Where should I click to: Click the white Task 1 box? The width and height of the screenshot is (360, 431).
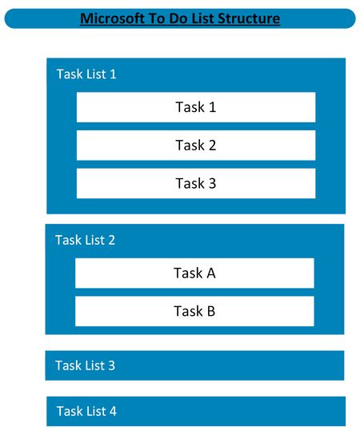(195, 107)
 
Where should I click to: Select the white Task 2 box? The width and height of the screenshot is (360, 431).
(195, 146)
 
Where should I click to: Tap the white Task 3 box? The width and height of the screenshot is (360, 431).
(195, 183)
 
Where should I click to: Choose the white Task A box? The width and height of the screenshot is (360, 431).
(194, 273)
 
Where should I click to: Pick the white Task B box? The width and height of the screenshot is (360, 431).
(194, 311)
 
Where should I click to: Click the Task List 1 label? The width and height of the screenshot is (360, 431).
(86, 74)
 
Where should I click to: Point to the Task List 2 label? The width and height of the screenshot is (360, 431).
(85, 240)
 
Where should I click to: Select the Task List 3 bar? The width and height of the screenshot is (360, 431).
(194, 365)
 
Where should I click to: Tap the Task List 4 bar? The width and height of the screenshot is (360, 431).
(195, 411)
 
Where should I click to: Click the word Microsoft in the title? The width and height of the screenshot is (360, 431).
(111, 18)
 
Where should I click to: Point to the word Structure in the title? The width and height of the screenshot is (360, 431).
(248, 18)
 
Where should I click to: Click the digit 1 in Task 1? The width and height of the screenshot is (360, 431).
(212, 107)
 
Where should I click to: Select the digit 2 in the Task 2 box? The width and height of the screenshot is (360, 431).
(212, 146)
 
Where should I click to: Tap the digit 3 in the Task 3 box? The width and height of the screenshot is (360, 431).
(212, 183)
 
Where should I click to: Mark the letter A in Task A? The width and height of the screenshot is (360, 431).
(210, 273)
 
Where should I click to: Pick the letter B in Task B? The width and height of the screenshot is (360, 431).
(210, 311)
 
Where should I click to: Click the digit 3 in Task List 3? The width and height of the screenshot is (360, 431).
(111, 365)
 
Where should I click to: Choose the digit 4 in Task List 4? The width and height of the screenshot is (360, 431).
(113, 411)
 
